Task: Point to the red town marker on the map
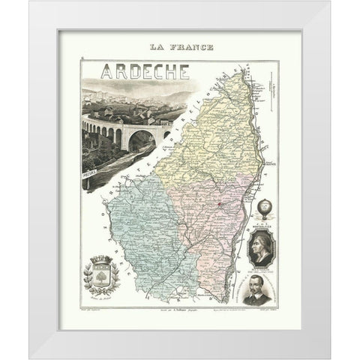click(218, 203)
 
